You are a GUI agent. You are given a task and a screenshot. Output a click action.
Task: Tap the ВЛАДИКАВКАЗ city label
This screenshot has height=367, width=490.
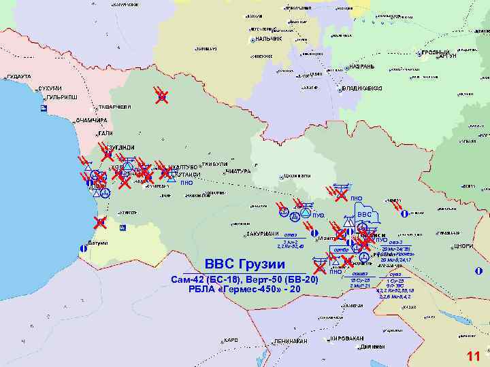pos(363,88)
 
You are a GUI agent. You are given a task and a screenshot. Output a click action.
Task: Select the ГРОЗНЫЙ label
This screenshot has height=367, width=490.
pos(435,52)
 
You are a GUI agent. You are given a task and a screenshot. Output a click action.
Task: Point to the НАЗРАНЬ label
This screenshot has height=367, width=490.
pos(361,67)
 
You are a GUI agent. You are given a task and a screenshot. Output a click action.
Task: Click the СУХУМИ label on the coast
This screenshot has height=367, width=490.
pos(50,88)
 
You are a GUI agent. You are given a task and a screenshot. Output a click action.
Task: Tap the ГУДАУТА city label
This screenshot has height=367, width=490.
pos(18,77)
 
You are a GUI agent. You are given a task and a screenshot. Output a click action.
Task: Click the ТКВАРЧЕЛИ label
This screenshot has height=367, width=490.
pos(114,107)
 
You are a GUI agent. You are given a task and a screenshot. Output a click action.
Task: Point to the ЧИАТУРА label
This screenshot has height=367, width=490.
pos(238,171)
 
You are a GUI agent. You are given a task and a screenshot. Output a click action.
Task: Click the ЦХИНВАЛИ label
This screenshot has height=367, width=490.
pos(297,177)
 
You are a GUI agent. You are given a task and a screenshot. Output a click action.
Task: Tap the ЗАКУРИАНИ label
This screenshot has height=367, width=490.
pos(264,234)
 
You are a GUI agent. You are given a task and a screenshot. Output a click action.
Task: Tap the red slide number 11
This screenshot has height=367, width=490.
pos(473,357)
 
